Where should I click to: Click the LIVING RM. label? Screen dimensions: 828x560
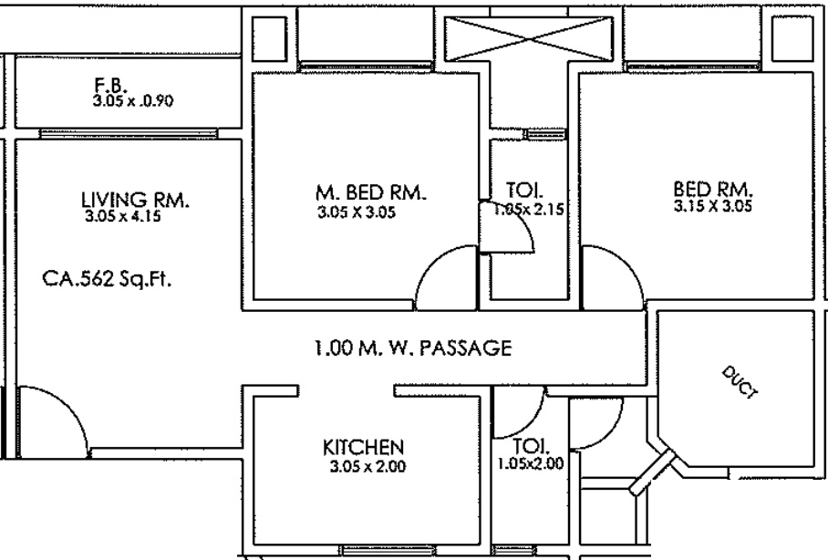135,200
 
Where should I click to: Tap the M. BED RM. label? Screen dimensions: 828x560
371,192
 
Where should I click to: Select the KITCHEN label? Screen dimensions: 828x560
363,448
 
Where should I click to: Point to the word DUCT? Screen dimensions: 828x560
740,381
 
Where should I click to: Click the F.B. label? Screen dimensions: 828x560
110,85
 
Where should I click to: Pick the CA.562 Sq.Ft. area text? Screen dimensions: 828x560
107,278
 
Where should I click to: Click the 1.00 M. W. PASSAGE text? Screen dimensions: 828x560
413,348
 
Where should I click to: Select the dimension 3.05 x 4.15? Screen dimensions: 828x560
123,216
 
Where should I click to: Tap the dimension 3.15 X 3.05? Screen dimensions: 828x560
712,205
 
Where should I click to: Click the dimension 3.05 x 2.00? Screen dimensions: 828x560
367,466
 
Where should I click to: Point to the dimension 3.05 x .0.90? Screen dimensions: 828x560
132,100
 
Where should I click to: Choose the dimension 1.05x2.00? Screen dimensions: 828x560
531,464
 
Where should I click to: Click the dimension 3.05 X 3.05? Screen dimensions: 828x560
357,213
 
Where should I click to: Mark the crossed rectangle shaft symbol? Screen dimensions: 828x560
529,38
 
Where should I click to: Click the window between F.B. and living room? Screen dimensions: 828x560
129,134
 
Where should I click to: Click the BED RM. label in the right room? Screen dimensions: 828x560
713,189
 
